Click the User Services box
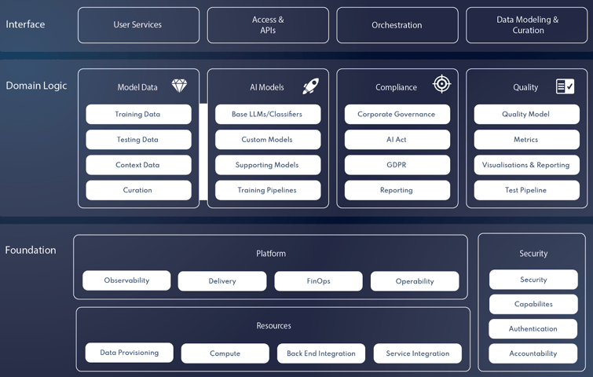coord(138,25)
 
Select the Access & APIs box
coord(268,25)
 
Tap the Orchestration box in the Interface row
coord(397,25)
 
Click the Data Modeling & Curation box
coord(527,25)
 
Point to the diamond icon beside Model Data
coord(179,86)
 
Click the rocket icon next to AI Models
coord(310,86)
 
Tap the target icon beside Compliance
coord(442,84)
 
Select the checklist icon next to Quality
coord(565,86)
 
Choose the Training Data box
coord(138,115)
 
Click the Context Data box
coord(138,165)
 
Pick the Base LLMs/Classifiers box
coord(268,115)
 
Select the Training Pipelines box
coord(268,190)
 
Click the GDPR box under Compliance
coord(397,165)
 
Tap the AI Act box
coord(397,140)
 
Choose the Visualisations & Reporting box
coord(526,165)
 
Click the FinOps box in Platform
coord(318,281)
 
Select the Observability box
coord(126,280)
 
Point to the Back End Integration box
coord(321,353)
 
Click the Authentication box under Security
coord(533,329)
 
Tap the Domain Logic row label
coord(36,86)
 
